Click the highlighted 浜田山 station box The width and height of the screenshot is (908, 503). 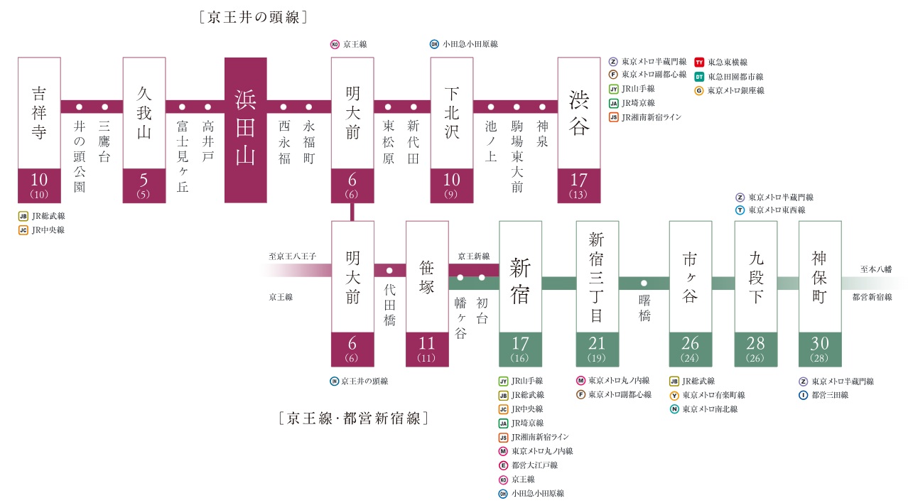245,130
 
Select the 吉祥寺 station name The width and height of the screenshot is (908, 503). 39,113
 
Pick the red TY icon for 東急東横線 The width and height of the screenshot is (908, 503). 699,63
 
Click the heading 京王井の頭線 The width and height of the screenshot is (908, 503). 254,18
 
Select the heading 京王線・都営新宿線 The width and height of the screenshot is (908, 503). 353,418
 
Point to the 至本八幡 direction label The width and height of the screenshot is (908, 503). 875,269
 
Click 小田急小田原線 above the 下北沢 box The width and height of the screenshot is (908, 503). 470,44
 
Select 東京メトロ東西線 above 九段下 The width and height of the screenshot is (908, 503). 777,210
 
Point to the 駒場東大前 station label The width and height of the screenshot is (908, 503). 517,156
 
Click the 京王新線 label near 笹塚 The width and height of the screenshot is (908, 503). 473,256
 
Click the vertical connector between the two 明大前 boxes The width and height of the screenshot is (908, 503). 352,212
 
